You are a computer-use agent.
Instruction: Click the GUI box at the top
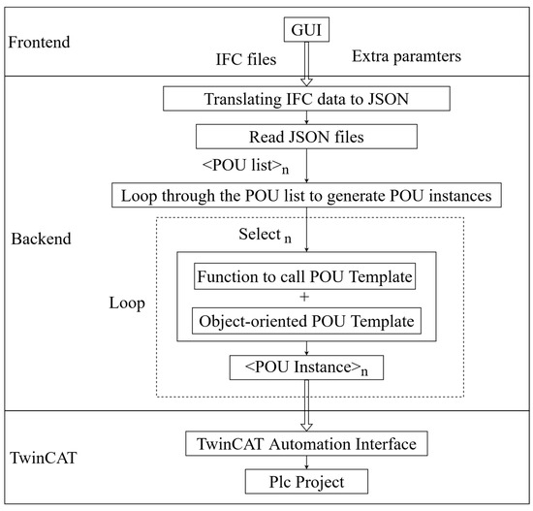click(x=305, y=30)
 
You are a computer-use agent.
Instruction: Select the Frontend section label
click(x=43, y=43)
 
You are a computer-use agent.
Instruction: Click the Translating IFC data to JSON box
click(x=305, y=98)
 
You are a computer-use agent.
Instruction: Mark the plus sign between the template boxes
click(x=305, y=299)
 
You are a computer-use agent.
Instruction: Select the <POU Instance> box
click(x=305, y=368)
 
